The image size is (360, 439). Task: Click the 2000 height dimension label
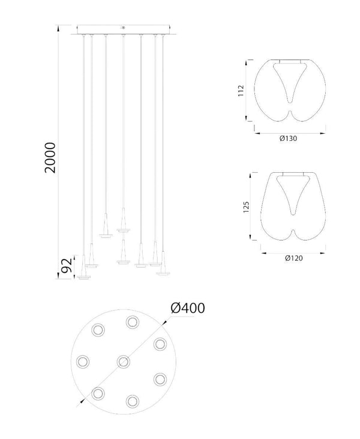click(51, 158)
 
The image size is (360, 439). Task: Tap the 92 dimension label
click(67, 266)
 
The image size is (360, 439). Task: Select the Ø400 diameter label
click(188, 308)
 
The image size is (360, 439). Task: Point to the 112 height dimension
click(241, 91)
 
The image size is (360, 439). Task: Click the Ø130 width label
click(288, 139)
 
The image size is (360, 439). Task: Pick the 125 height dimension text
click(246, 207)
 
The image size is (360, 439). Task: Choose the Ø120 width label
click(294, 258)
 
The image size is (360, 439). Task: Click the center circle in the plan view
click(123, 362)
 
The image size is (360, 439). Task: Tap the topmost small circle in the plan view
click(132, 322)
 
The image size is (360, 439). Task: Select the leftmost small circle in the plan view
click(83, 362)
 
